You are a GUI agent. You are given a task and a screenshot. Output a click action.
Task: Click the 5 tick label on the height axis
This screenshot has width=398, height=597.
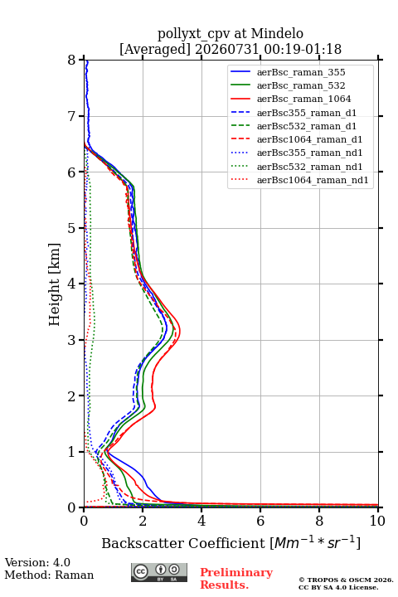click(72, 228)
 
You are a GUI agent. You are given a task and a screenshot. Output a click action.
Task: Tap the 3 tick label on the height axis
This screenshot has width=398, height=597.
click(72, 340)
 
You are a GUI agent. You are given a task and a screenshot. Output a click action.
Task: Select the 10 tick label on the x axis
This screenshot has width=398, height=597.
click(377, 521)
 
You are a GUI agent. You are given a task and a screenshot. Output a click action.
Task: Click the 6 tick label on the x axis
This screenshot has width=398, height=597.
click(260, 521)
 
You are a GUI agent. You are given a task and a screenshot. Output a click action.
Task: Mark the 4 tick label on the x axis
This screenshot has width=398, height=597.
click(201, 521)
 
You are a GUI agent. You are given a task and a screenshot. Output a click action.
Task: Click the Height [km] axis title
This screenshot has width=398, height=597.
click(54, 284)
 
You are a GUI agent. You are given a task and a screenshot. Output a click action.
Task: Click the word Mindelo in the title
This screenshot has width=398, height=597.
click(277, 33)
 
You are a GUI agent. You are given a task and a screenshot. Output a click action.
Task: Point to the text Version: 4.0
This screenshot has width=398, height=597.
click(37, 562)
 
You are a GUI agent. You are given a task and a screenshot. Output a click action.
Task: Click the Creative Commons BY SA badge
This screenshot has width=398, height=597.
click(159, 572)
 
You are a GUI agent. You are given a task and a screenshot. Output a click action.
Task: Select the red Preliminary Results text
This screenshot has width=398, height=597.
click(236, 579)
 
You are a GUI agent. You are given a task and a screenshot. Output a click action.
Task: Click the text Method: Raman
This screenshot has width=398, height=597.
click(49, 575)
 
